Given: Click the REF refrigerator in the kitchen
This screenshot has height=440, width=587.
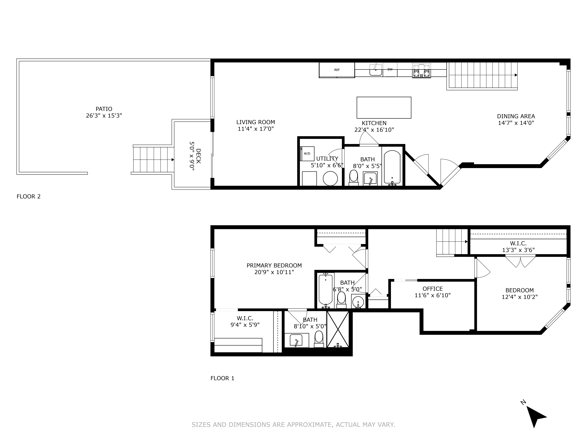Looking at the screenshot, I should (337, 70).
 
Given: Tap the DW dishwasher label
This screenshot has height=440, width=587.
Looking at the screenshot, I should (390, 70).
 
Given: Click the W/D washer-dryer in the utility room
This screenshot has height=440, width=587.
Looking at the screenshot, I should (307, 154).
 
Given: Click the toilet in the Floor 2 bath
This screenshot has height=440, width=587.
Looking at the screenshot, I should (353, 176).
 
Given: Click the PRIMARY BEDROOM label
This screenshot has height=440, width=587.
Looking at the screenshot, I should (274, 265).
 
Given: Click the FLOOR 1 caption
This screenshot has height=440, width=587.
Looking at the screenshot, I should (222, 378).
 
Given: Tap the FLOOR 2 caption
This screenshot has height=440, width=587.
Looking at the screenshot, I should (29, 197).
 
